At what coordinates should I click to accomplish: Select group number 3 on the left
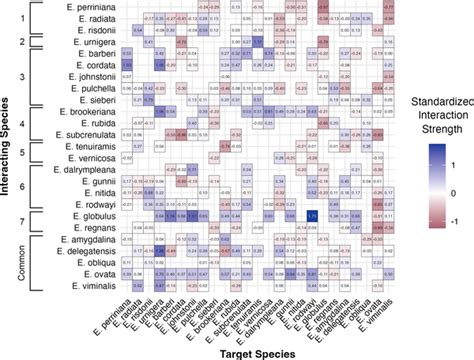coord(22,75)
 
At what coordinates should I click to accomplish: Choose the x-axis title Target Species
coord(247,352)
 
